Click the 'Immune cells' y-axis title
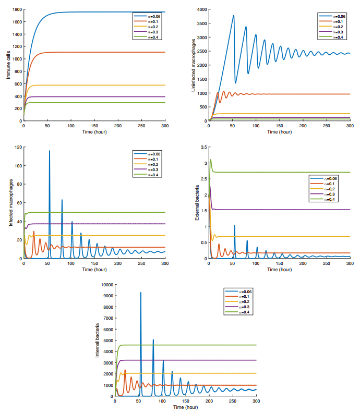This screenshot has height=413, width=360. point(8,65)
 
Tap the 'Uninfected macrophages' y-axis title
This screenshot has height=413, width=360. point(194,65)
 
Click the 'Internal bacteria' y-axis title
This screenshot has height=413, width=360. point(97,341)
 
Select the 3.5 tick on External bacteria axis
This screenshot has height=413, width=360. point(203,147)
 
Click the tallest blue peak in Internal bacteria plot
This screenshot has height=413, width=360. point(140,293)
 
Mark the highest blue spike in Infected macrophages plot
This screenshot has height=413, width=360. point(50,151)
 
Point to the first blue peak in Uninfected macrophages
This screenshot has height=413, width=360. point(233,16)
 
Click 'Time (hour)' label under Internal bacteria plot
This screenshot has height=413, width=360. point(185,406)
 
